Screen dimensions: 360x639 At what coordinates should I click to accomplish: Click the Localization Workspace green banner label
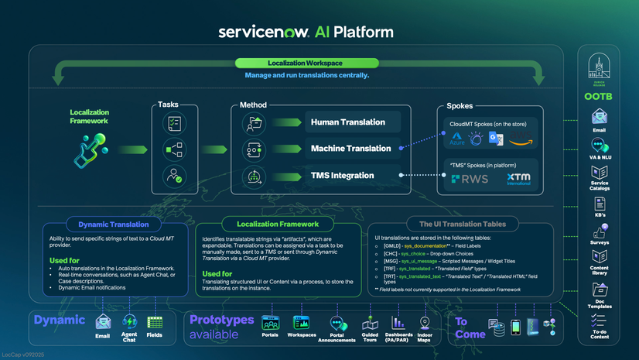point(305,63)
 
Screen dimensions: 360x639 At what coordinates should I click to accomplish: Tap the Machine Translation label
point(350,149)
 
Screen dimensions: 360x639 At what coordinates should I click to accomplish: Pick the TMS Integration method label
point(342,176)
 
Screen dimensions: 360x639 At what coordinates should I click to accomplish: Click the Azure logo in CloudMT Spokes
point(457,139)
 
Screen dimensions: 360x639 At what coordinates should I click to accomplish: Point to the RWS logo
point(470,179)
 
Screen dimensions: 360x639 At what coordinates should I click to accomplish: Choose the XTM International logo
point(518,179)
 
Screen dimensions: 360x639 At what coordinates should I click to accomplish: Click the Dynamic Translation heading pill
point(114,225)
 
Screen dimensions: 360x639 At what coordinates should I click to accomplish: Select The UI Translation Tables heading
point(463,225)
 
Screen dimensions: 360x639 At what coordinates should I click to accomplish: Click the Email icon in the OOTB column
point(600,117)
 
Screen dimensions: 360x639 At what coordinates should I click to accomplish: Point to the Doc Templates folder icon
point(600,290)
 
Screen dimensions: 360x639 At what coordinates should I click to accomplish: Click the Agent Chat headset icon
point(129,322)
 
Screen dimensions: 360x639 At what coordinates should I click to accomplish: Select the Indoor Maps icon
point(424,322)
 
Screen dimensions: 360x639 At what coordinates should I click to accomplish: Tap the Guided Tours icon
point(370,323)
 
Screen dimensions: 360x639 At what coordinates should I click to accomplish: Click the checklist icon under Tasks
point(174,123)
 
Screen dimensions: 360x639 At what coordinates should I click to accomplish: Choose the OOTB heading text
point(599,97)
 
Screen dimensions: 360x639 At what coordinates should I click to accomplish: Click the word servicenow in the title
point(263,32)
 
